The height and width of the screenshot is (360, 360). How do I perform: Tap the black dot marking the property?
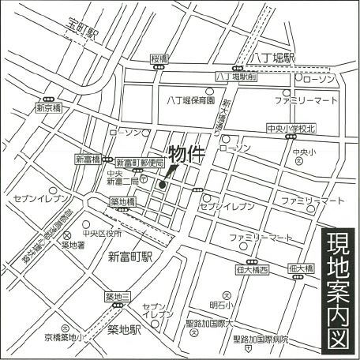click(163, 186)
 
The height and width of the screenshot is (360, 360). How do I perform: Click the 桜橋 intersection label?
click(160, 58)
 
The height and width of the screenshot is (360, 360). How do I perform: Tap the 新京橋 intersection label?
click(48, 107)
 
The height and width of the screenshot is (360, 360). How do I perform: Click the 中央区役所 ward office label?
click(104, 234)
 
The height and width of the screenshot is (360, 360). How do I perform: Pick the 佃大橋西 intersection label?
click(253, 270)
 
